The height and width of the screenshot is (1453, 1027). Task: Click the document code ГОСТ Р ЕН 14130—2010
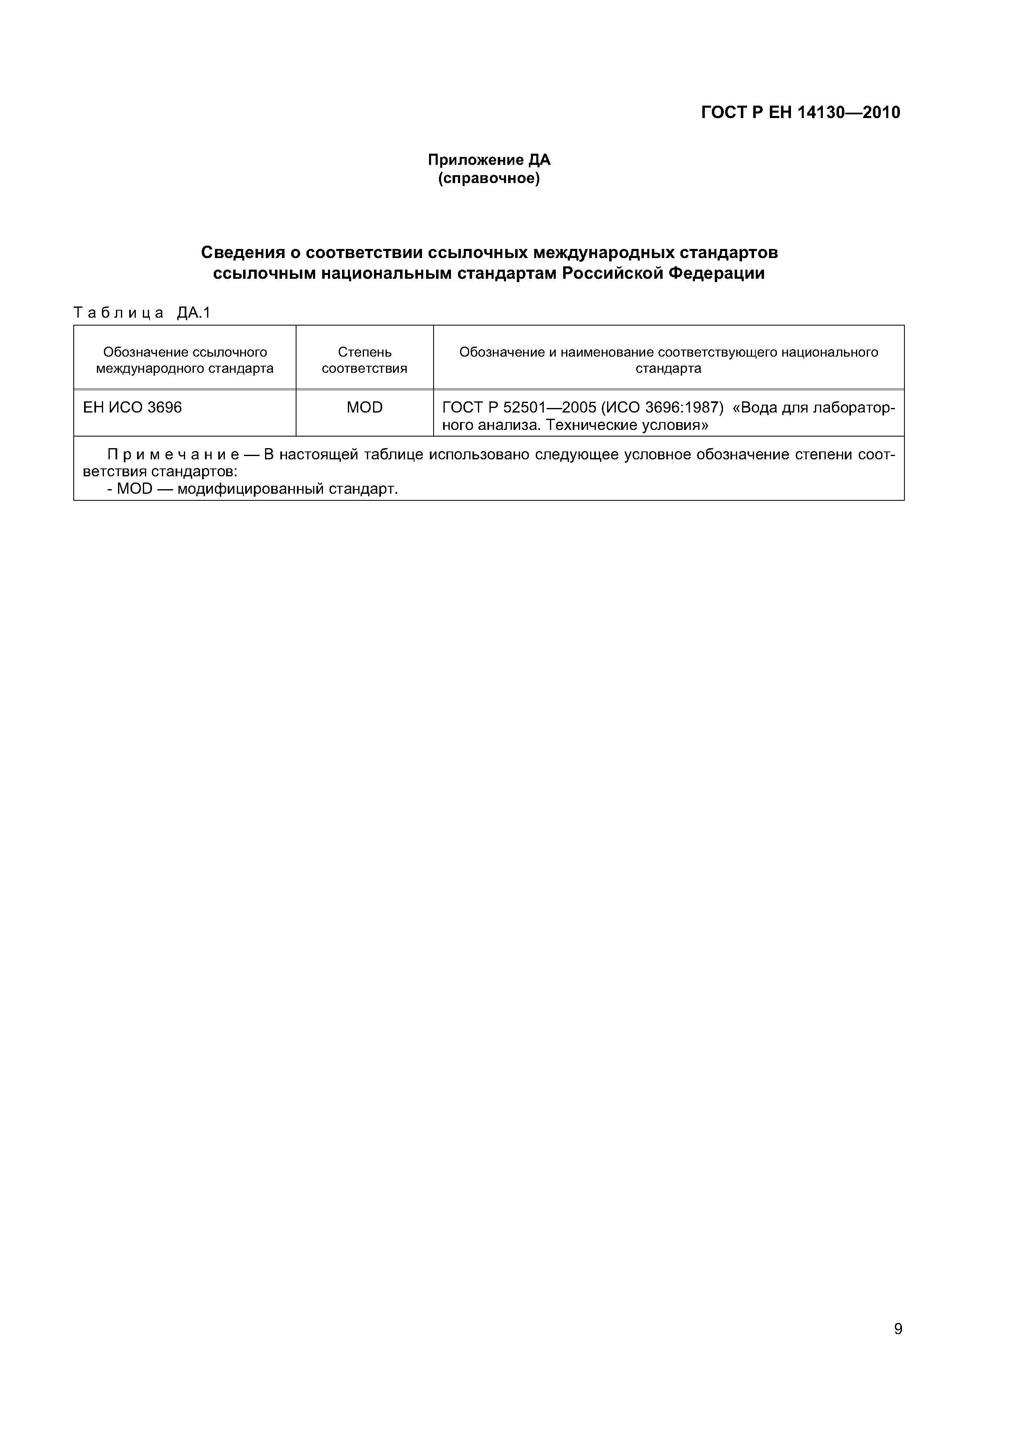[800, 113]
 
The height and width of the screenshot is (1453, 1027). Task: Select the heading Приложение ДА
[489, 160]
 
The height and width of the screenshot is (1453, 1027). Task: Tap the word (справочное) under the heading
[489, 179]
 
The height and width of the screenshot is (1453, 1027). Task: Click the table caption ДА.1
[194, 313]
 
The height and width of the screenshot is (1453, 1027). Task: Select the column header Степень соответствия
[364, 360]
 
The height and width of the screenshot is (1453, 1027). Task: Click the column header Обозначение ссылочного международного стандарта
[185, 360]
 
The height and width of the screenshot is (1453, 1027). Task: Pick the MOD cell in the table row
[364, 408]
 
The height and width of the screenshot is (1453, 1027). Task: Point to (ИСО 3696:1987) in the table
[662, 408]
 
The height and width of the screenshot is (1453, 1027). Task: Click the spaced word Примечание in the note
[173, 454]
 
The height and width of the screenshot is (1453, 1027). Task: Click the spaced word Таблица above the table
[119, 313]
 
